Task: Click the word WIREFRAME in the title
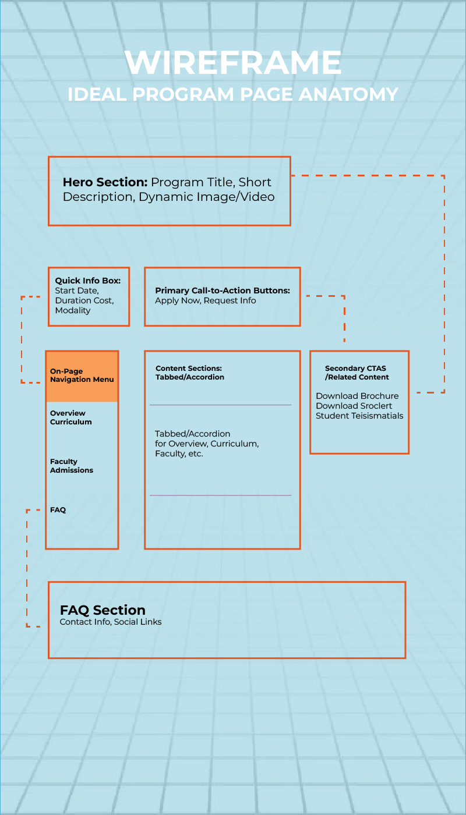coord(233,63)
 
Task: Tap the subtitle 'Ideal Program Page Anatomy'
coord(233,94)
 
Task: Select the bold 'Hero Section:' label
coord(105,182)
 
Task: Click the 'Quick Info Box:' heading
coord(88,281)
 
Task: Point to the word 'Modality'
coord(73,310)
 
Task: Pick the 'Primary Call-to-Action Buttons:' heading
coord(223,290)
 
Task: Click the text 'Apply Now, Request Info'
coord(205,300)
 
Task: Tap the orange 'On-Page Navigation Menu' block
coord(82,376)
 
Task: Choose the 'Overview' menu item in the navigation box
coord(68,413)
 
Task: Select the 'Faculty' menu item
coord(63,461)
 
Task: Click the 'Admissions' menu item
coord(72,470)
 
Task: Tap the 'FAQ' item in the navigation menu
coord(58,509)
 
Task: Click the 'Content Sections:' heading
coord(189,368)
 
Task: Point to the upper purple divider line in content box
coord(220,405)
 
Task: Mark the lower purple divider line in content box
coord(220,495)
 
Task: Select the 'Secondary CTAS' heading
coord(355,368)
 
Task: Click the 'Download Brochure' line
coord(357,396)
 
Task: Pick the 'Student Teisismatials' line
coord(359,416)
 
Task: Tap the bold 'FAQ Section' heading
coord(103,610)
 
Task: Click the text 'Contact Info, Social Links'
coord(111,622)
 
